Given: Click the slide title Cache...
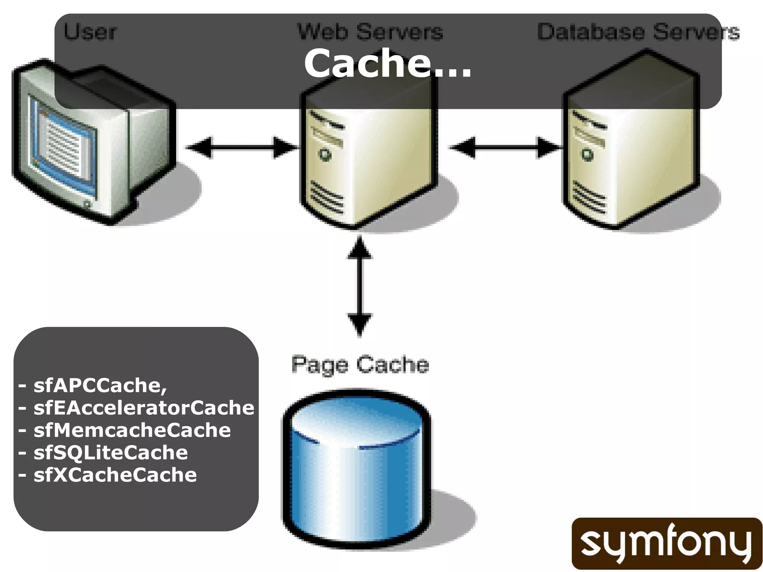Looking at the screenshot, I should [x=387, y=63].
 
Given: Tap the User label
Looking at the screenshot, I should [x=90, y=31].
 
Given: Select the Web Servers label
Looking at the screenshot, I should [x=370, y=31].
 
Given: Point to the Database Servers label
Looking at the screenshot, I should [x=638, y=32].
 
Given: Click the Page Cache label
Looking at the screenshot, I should [x=360, y=365].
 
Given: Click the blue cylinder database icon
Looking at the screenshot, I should [x=357, y=470].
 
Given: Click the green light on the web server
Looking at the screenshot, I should [x=325, y=154].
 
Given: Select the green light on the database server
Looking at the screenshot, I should [x=588, y=155].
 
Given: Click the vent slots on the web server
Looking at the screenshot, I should [x=327, y=197].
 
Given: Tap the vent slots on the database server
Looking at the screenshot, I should [x=589, y=197].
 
